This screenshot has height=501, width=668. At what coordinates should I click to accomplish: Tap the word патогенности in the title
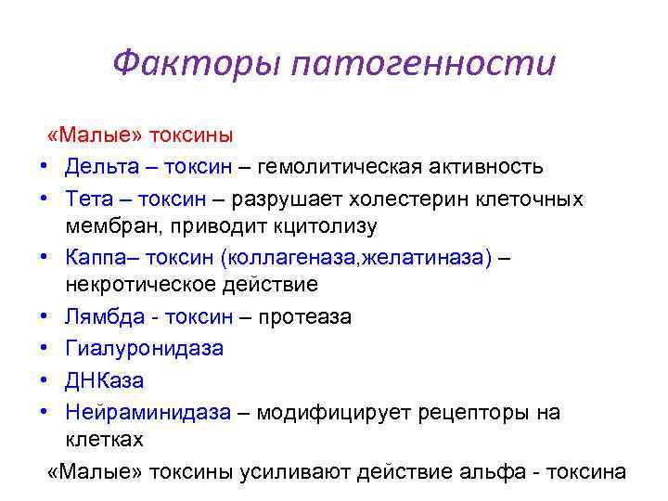[423, 65]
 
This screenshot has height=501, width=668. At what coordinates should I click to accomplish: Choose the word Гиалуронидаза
[144, 348]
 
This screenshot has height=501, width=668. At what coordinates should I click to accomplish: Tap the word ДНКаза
[105, 379]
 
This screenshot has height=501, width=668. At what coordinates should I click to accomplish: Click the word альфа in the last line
[490, 471]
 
